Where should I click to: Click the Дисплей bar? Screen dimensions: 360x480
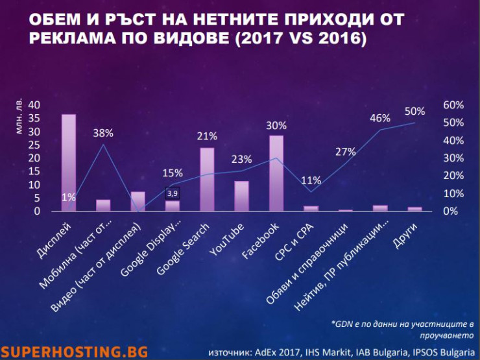tap(69, 162)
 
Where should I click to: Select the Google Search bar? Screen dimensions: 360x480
tap(207, 179)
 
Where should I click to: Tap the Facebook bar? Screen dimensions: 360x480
tap(276, 173)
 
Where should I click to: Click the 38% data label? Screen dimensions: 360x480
tap(103, 133)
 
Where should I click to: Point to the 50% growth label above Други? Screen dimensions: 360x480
tap(415, 110)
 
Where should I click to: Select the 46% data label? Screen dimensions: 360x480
tap(380, 118)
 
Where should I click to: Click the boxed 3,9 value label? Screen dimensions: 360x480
tap(173, 193)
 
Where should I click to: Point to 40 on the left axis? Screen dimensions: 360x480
tap(34, 105)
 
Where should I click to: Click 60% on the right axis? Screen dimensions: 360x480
tap(453, 105)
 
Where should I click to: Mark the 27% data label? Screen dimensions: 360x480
tap(346, 152)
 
